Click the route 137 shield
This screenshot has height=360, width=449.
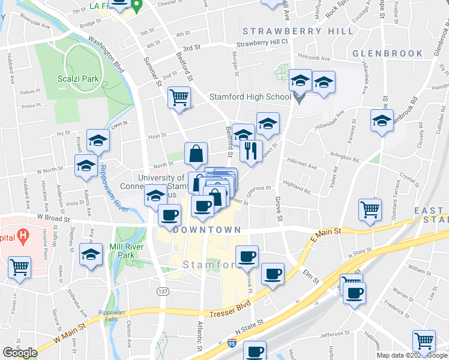pyautogui.click(x=162, y=291)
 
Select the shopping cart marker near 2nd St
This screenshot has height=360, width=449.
pyautogui.click(x=179, y=97)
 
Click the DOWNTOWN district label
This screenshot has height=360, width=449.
pyautogui.click(x=206, y=230)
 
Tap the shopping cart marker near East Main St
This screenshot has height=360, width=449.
pyautogui.click(x=370, y=209)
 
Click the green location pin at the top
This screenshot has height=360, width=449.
pyautogui.click(x=137, y=7)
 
